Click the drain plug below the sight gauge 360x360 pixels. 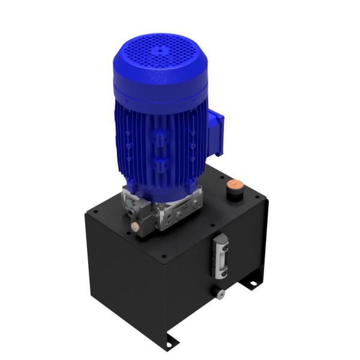[x=220, y=293]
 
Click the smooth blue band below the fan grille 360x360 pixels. [x=162, y=96]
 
